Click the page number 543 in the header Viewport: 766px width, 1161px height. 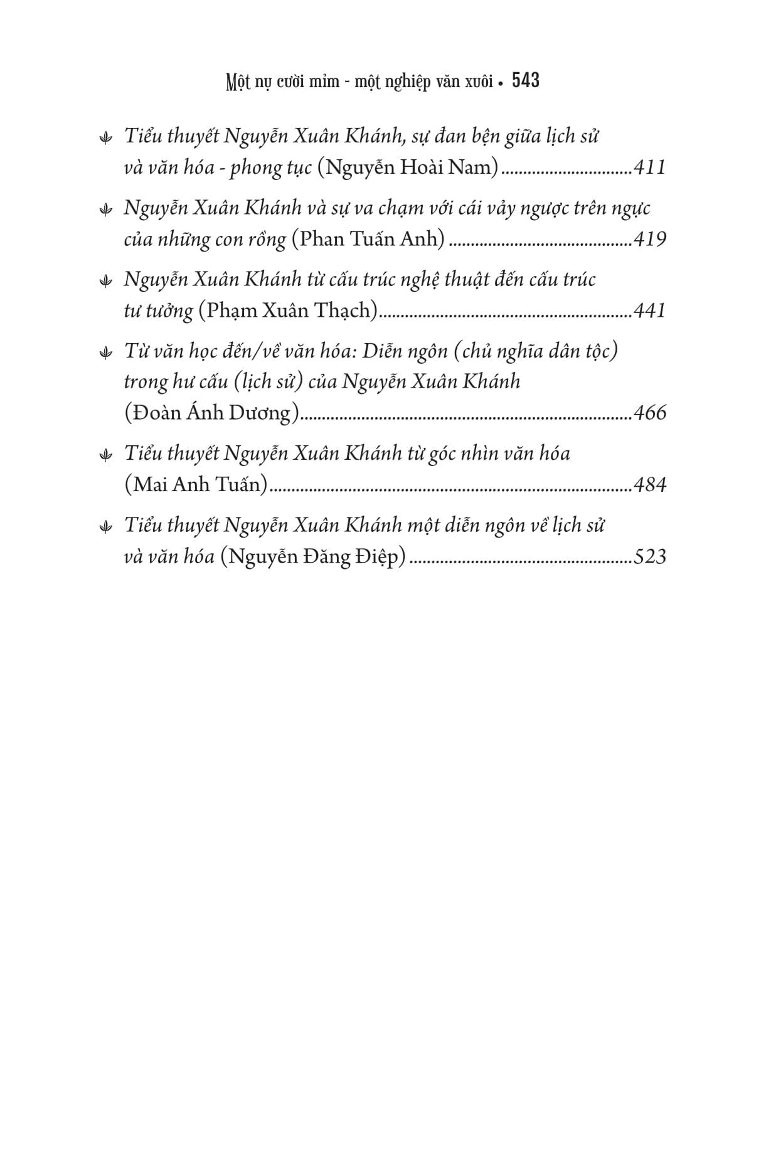526,81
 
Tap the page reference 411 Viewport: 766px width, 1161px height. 649,167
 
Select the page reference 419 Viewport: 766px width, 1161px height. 649,239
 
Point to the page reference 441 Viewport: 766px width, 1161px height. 649,310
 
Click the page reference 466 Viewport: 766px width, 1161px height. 649,413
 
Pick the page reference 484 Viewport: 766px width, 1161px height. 649,484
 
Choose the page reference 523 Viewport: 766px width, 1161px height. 649,556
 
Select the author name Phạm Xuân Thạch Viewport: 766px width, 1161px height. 288,310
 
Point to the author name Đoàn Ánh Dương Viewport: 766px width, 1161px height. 212,413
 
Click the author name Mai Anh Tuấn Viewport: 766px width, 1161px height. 196,484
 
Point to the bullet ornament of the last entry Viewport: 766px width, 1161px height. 106,527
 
